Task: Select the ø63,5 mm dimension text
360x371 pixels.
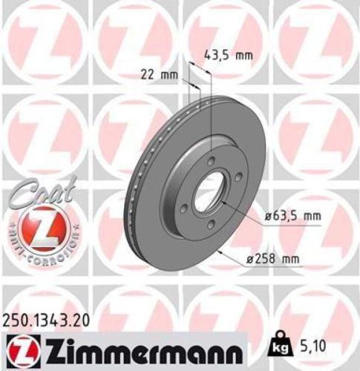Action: pyautogui.click(x=294, y=216)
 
